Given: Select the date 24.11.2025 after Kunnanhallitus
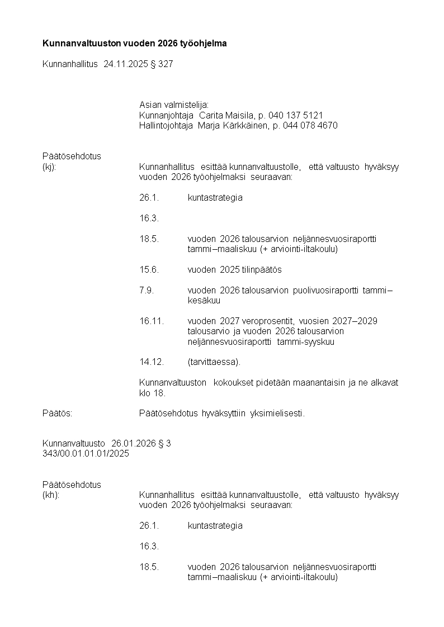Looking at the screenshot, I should tap(126, 64).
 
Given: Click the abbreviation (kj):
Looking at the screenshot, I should tap(49, 167).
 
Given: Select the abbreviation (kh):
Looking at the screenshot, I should tap(50, 495).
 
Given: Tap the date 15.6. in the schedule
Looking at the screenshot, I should tap(149, 270).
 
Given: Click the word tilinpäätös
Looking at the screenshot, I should tap(262, 270).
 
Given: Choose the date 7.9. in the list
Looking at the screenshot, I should tap(147, 291).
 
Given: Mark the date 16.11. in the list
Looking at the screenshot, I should tap(152, 321).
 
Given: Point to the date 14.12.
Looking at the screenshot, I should tap(152, 362).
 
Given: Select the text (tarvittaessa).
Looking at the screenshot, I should tap(214, 362).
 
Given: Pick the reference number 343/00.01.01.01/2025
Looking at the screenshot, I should tap(86, 454).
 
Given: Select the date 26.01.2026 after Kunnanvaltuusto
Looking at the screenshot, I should tap(133, 444).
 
